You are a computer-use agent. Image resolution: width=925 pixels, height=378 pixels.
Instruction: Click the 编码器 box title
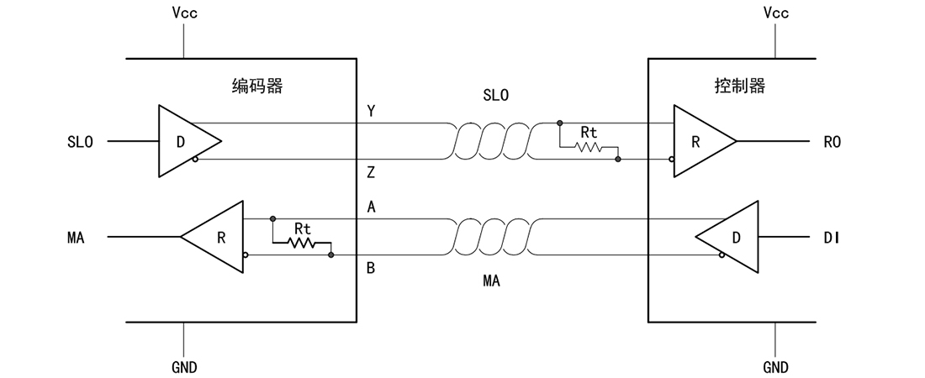pyautogui.click(x=258, y=87)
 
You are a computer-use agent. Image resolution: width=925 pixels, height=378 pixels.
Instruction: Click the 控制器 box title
pyautogui.click(x=740, y=87)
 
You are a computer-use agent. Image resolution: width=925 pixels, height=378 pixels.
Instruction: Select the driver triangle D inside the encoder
pyautogui.click(x=189, y=141)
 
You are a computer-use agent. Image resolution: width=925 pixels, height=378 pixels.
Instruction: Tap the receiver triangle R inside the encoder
pyautogui.click(x=213, y=237)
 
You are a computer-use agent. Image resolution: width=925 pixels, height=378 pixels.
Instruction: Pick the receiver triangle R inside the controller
pyautogui.click(x=705, y=141)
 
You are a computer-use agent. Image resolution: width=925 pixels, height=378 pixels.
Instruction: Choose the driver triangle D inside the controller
pyautogui.click(x=727, y=237)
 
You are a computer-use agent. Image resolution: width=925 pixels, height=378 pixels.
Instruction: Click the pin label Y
pyautogui.click(x=371, y=110)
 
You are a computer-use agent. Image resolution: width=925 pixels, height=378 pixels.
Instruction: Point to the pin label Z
pyautogui.click(x=371, y=173)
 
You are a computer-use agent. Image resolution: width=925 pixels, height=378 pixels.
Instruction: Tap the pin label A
pyautogui.click(x=371, y=207)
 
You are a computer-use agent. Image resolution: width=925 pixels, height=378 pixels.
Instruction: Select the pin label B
pyautogui.click(x=371, y=268)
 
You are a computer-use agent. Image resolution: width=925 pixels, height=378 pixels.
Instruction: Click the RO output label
pyautogui.click(x=832, y=141)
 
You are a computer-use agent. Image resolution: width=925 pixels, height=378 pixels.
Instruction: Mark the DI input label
pyautogui.click(x=832, y=238)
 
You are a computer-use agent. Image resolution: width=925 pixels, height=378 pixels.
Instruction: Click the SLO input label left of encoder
pyautogui.click(x=80, y=141)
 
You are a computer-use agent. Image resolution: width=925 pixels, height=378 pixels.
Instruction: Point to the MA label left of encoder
pyautogui.click(x=76, y=238)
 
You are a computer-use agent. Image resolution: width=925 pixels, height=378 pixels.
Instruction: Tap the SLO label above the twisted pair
pyautogui.click(x=495, y=95)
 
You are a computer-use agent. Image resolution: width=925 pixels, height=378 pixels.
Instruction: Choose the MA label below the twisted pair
pyautogui.click(x=491, y=281)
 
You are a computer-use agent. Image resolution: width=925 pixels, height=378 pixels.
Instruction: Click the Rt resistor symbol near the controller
pyautogui.click(x=588, y=147)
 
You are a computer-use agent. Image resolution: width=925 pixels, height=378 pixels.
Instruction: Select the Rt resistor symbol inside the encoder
pyautogui.click(x=301, y=243)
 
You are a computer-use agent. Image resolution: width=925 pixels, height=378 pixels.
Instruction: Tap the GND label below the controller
pyautogui.click(x=776, y=367)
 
